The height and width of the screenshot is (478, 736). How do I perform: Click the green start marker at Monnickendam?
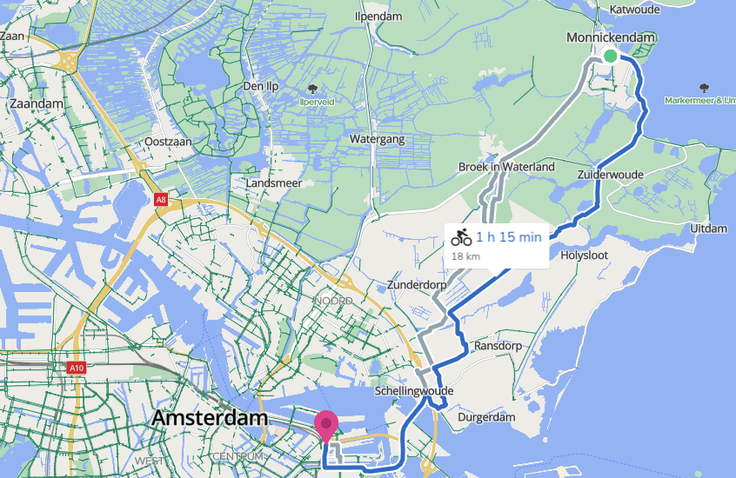611,56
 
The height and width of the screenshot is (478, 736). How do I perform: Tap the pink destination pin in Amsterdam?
326,424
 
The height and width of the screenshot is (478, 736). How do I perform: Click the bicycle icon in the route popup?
462,236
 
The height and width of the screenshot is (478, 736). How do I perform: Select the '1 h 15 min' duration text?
509,236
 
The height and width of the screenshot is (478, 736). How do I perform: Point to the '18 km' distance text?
465,256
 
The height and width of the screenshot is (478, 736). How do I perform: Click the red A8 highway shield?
160,200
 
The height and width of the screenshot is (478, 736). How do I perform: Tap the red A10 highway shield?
77,368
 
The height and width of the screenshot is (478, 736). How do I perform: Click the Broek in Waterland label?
506,167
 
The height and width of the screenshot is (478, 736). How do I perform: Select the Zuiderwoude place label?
610,175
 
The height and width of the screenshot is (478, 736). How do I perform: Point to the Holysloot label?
584,256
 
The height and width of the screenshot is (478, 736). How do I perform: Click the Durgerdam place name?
487,418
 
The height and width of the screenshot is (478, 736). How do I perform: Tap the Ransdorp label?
496,346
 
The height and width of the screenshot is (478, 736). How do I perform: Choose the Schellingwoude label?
413,392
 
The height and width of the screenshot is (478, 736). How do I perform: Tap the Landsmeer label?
272,184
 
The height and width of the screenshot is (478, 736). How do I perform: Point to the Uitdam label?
707,228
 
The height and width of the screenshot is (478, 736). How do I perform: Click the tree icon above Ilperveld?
312,89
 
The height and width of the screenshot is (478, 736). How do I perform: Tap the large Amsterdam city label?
209,418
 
